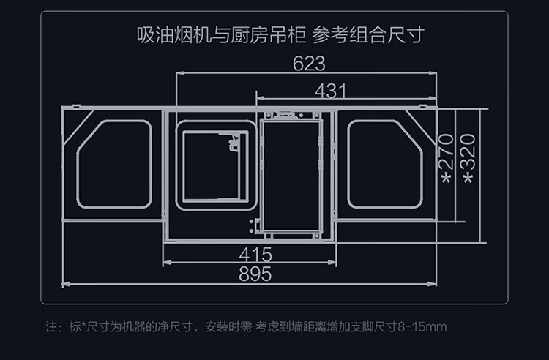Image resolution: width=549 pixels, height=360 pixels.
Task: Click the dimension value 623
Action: click(x=308, y=64)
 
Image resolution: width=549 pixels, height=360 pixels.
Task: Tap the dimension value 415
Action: click(x=255, y=255)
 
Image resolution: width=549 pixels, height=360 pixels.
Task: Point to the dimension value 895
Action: click(x=255, y=274)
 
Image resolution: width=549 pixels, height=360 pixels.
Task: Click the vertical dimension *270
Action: click(x=446, y=160)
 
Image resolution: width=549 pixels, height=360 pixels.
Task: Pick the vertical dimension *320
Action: click(x=469, y=160)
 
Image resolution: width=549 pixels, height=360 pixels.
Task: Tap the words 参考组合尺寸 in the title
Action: click(x=368, y=34)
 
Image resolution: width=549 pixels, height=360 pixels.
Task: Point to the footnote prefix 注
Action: click(x=51, y=326)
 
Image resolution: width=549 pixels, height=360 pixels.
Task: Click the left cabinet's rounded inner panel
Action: click(x=114, y=164)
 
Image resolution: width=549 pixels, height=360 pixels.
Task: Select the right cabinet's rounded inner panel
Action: click(x=384, y=164)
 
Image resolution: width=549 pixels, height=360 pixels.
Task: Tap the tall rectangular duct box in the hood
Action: click(x=291, y=176)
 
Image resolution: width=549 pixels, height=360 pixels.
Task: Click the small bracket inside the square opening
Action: click(x=235, y=143)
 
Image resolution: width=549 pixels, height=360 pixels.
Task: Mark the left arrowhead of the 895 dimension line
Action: click(x=64, y=282)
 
